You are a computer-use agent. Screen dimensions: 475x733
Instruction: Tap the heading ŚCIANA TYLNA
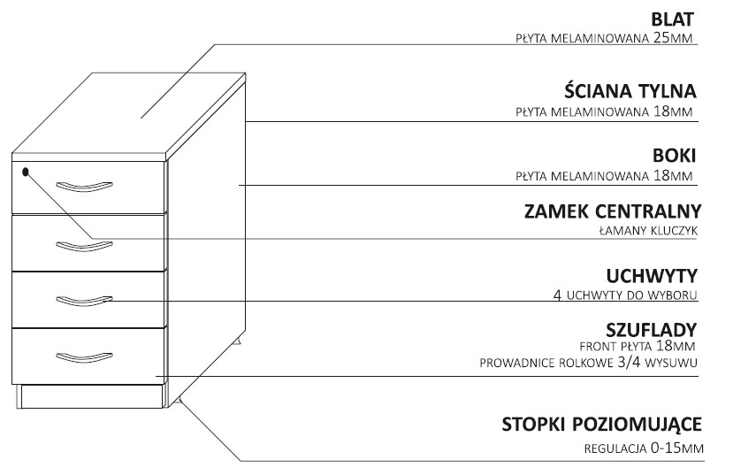point(630,91)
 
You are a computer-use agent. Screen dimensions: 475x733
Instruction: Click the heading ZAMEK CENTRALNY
point(612,212)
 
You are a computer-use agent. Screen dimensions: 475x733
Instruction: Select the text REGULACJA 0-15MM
point(643,448)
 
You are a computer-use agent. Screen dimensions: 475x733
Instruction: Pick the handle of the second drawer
point(84,243)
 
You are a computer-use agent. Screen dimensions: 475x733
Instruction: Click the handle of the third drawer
point(84,301)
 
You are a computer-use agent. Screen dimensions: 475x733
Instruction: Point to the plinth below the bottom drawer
point(93,396)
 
